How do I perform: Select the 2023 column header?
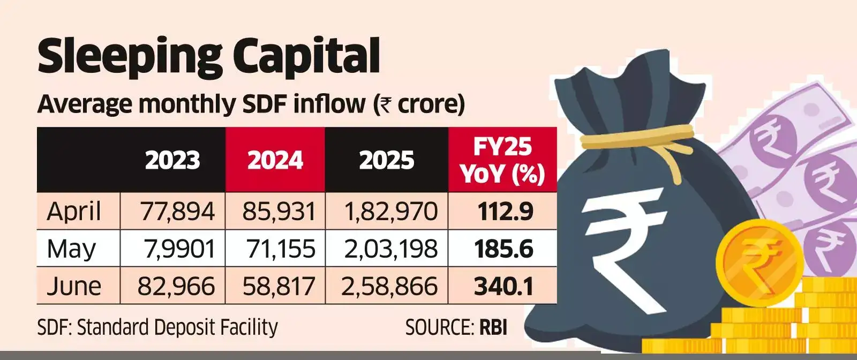(x=172, y=160)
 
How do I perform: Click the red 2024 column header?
(x=275, y=160)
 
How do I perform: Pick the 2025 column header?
(x=386, y=160)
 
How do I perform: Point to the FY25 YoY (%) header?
(x=502, y=160)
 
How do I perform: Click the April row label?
(x=73, y=211)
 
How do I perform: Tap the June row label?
(x=73, y=286)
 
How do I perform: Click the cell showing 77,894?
(x=177, y=211)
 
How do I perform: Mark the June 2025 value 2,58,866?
(x=389, y=286)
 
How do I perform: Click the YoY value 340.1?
(x=503, y=286)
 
